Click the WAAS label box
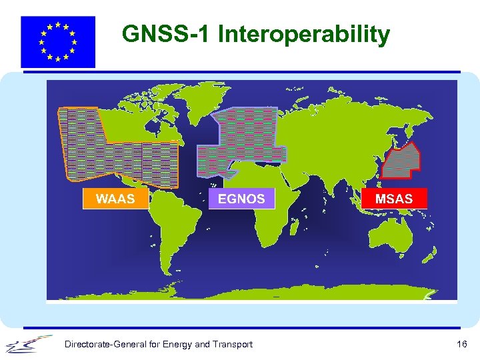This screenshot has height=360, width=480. click(x=115, y=199)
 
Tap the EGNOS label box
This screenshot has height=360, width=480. click(x=241, y=199)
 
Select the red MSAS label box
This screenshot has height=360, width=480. click(x=394, y=199)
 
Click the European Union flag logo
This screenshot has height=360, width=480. click(x=58, y=41)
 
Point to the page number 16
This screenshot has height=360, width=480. click(x=461, y=344)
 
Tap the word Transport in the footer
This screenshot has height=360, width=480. click(x=233, y=344)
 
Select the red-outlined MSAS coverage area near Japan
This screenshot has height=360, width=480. click(x=404, y=162)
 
